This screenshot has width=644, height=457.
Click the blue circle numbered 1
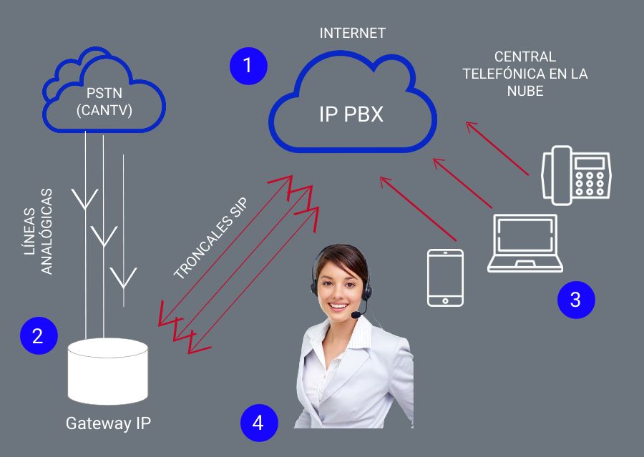pos(248,66)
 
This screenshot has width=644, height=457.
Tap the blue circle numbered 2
pos(38,335)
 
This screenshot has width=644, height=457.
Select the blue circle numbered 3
pos(576,300)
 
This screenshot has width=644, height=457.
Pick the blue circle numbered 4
pos(258,422)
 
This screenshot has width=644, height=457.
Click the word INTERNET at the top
pos(352,33)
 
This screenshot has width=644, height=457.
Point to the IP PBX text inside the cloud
pos(351,114)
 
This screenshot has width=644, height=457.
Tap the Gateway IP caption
pos(108,423)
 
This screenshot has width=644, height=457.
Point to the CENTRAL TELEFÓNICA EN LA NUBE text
pos(525,74)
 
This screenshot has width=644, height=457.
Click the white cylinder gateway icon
pos(108,372)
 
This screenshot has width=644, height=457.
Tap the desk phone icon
pos(576,174)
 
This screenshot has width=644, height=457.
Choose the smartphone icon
pos(444,277)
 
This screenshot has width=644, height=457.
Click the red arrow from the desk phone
pos(497,148)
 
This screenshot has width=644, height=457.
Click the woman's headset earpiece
pos(316,284)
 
